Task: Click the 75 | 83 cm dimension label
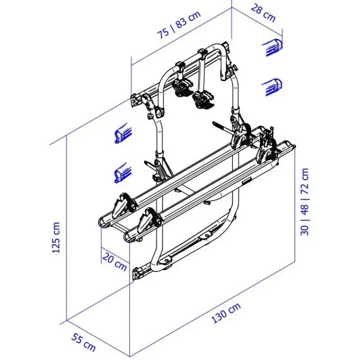point(179,25)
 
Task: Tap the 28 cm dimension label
point(263,13)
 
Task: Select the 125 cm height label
point(56,238)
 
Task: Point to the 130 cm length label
point(226,313)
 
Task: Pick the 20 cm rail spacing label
point(115,261)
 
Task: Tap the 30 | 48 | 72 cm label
point(305,202)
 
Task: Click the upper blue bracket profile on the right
point(272,48)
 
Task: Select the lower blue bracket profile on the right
point(272,87)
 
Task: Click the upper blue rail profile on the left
point(124,134)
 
